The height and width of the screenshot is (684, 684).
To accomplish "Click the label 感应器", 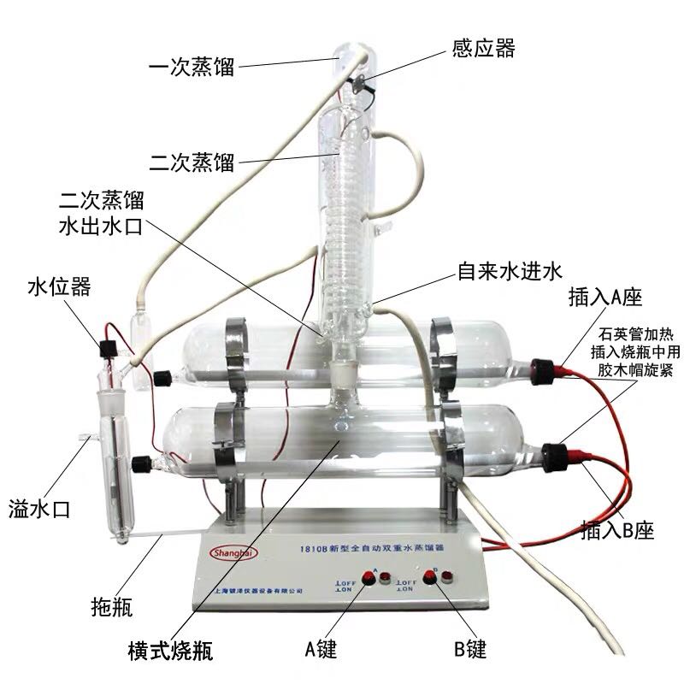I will [x=483, y=48].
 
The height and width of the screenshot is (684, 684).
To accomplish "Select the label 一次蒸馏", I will [x=190, y=65].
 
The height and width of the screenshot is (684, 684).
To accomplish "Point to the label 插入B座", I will [x=616, y=530].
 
